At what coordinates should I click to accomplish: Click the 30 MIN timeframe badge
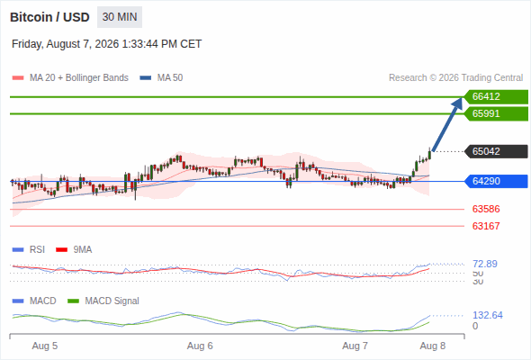click(120, 17)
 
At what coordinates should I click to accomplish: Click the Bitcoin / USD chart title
click(49, 17)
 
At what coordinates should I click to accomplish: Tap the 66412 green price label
click(496, 96)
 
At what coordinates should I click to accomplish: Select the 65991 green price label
click(496, 113)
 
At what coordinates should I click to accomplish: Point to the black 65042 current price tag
click(496, 151)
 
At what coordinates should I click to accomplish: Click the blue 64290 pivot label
click(496, 181)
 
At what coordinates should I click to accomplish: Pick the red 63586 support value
click(486, 209)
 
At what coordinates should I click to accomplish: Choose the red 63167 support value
click(486, 226)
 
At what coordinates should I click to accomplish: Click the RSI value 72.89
click(485, 264)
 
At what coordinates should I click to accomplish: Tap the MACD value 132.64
click(488, 315)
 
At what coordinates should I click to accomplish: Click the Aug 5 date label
click(45, 346)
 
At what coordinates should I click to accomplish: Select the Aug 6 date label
click(200, 346)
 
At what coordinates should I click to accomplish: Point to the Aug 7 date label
click(355, 346)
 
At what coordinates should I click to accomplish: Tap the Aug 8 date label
click(433, 346)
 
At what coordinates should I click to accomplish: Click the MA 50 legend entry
click(161, 78)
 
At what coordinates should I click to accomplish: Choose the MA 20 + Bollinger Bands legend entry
click(70, 78)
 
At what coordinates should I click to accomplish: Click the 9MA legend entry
click(74, 250)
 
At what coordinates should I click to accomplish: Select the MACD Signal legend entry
click(103, 301)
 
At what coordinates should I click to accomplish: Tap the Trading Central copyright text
click(455, 78)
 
